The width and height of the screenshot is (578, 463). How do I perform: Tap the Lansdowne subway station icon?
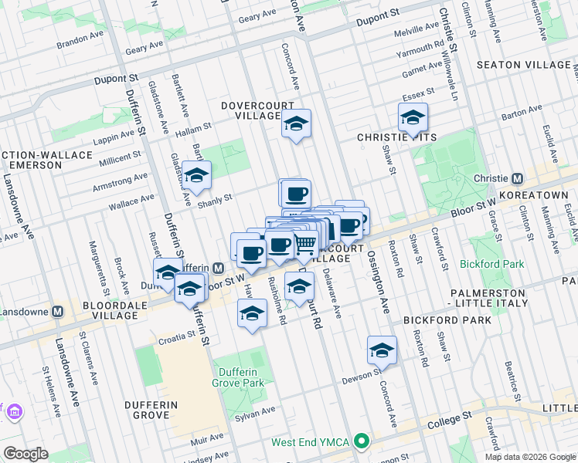[x=57, y=312]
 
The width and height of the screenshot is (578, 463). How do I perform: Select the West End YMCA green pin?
[x=360, y=443]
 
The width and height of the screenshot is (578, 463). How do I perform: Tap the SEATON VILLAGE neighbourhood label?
[x=524, y=65]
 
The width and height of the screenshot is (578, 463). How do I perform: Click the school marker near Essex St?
[x=413, y=119]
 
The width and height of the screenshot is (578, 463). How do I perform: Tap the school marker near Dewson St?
[x=382, y=351]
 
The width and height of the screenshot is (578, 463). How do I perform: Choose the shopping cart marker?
[x=305, y=245]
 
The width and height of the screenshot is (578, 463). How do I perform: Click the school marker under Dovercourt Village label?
[x=295, y=123]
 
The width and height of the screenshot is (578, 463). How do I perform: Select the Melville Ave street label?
[x=416, y=34]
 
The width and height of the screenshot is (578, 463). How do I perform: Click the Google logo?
[x=25, y=454]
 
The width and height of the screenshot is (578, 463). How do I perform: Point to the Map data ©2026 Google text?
[x=529, y=457]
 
